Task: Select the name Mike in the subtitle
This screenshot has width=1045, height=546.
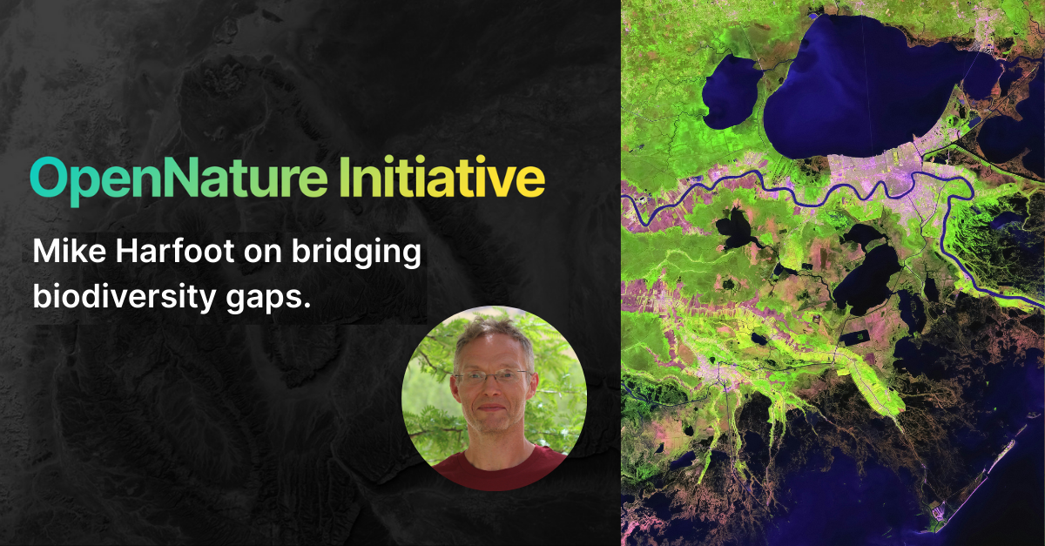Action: coord(66,253)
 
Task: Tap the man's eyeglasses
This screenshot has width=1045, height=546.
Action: coord(492,378)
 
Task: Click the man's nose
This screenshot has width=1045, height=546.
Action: coord(492,390)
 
